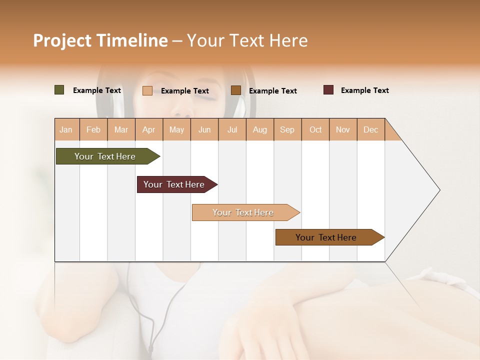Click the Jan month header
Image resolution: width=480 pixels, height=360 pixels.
[66, 129]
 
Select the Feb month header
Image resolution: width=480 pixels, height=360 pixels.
[93, 129]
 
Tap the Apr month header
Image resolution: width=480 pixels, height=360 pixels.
[149, 129]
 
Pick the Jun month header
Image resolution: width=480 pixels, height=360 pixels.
[204, 129]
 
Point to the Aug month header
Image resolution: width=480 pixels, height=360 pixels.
[260, 129]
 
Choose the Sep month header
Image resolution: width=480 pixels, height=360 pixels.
[287, 129]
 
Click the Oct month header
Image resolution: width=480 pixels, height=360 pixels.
[315, 129]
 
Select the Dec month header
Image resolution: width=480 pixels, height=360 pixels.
[371, 129]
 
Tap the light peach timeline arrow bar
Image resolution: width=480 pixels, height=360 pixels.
[243, 212]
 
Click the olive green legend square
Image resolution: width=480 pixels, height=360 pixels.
[59, 90]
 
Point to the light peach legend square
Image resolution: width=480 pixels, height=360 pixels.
[147, 90]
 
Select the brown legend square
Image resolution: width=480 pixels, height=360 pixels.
[236, 90]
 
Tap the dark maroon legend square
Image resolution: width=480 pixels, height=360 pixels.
[328, 90]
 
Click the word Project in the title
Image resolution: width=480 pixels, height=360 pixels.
[62, 40]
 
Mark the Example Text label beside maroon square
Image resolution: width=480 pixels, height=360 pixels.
[364, 90]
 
